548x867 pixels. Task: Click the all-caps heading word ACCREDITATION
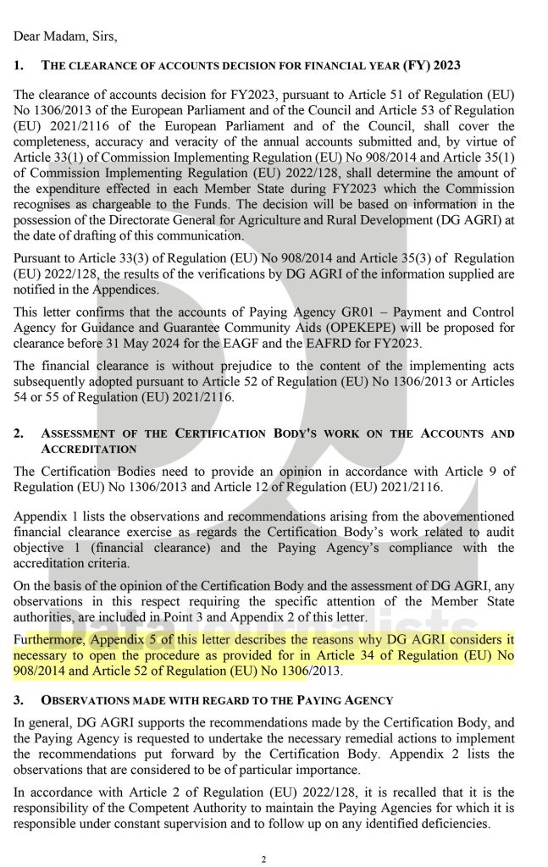[x=89, y=449]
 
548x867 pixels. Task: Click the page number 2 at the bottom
[x=264, y=860]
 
